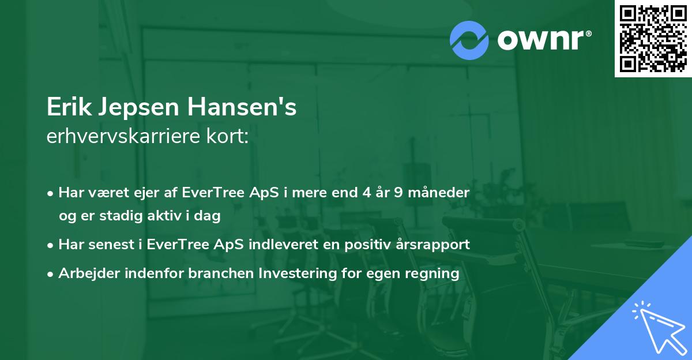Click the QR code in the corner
coord(653,39)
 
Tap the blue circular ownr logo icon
coord(469,40)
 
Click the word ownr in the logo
coord(543,40)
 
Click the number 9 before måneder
coord(398,192)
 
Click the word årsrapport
coord(432,245)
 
